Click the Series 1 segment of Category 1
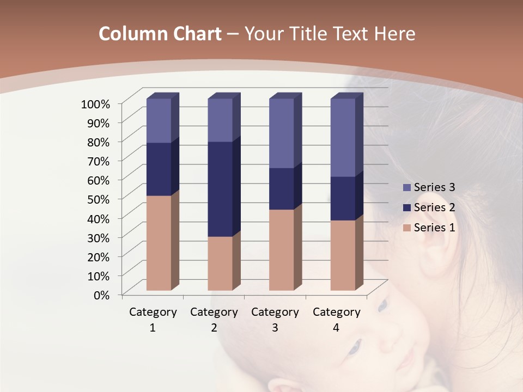pyautogui.click(x=159, y=243)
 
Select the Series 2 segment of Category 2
pyautogui.click(x=220, y=189)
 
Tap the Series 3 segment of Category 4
pyautogui.click(x=343, y=138)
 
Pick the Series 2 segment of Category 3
pyautogui.click(x=281, y=188)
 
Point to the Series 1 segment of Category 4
pyautogui.click(x=343, y=255)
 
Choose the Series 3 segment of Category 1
pyautogui.click(x=159, y=120)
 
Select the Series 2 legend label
pyautogui.click(x=434, y=207)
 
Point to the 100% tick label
pyautogui.click(x=95, y=103)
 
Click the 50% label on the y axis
pyautogui.click(x=99, y=199)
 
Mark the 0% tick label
pyautogui.click(x=102, y=295)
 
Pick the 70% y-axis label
pyautogui.click(x=99, y=161)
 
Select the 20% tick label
pyautogui.click(x=99, y=256)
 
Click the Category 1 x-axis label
pyautogui.click(x=153, y=320)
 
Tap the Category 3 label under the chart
pyautogui.click(x=275, y=320)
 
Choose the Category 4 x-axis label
pyautogui.click(x=336, y=320)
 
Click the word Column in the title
pyautogui.click(x=133, y=34)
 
